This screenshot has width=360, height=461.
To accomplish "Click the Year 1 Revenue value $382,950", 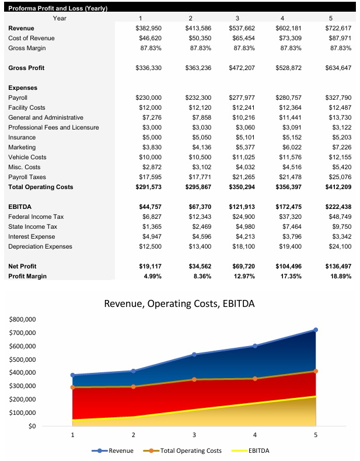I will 148,28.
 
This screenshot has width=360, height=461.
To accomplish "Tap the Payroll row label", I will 18,97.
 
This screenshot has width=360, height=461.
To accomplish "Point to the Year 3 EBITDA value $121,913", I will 243,207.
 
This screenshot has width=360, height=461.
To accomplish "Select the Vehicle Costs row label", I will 26,157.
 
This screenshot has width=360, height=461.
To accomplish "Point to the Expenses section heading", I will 23,88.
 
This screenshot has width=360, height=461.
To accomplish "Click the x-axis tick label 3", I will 194,435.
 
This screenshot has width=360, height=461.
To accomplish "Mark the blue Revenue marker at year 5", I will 316,330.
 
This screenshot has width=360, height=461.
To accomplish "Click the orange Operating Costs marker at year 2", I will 134,386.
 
